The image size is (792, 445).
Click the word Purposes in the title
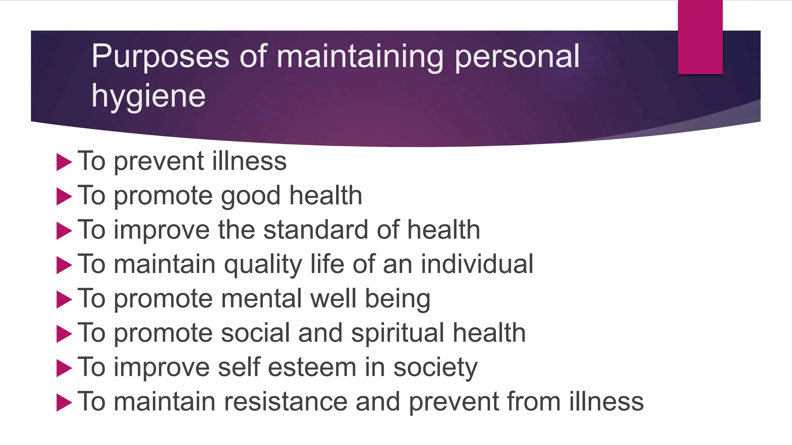160,56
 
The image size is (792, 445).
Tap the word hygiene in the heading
148,96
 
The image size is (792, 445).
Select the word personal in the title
517,56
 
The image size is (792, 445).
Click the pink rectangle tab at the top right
700,37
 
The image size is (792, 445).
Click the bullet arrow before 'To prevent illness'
64,162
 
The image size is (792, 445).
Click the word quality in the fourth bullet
263,265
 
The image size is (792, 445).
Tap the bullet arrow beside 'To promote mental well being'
64,299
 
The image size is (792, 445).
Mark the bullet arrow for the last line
64,403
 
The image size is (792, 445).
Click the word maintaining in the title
360,56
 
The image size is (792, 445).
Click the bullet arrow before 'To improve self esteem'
64,368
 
